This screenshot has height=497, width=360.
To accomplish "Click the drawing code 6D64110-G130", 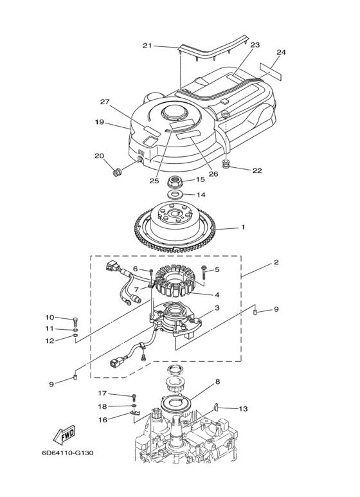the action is (67, 453).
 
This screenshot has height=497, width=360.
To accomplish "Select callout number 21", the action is (147, 46).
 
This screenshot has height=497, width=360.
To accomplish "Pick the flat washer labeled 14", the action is (175, 194).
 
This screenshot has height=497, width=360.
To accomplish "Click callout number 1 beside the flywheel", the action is (243, 227).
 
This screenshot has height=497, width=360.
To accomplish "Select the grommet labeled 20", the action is (118, 173).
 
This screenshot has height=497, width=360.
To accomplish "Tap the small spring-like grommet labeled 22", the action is (226, 165).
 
